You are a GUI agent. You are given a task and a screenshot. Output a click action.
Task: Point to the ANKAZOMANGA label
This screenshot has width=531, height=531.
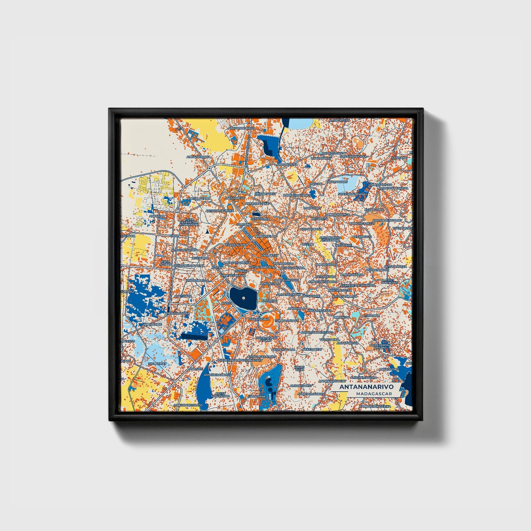click(x=198, y=157)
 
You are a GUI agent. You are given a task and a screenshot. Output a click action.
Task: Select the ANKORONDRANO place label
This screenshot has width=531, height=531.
click(x=242, y=128)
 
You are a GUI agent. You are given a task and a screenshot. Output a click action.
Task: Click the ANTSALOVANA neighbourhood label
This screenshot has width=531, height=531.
click(x=199, y=198)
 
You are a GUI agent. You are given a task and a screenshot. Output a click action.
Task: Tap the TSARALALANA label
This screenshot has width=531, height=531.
click(x=236, y=245)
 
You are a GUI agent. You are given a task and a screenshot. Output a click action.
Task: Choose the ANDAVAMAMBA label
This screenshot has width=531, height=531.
click(x=178, y=313)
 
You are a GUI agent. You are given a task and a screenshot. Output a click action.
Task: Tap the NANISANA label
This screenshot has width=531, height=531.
click(x=399, y=157)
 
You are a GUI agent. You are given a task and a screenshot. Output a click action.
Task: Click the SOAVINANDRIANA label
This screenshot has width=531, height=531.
click(x=352, y=194)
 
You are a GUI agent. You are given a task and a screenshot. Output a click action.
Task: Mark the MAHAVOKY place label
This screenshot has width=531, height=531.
click(x=312, y=208)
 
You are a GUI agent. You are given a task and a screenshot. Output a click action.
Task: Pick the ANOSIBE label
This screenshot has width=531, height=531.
click(x=195, y=369)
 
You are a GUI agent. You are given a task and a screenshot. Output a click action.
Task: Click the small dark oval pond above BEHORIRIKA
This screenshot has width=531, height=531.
click(x=256, y=214)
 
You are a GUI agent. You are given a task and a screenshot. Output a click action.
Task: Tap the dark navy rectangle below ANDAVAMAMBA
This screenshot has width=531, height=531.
click(x=194, y=336)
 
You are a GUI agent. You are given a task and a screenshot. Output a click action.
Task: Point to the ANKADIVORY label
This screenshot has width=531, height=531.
click(x=388, y=369)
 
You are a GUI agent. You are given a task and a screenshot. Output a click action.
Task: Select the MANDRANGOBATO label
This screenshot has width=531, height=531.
click(x=188, y=405)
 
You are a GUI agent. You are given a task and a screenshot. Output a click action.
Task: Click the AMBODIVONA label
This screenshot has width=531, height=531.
click(x=288, y=165)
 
